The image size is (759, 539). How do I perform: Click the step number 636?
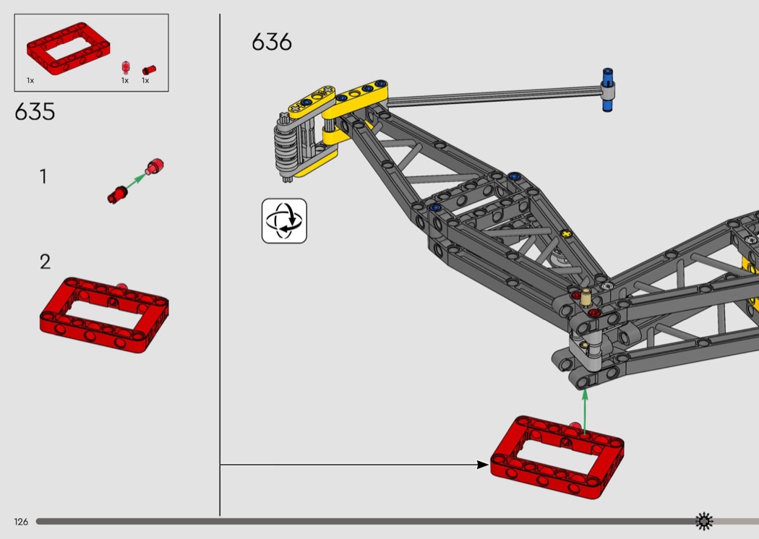(x=272, y=42)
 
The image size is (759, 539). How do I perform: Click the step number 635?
(x=35, y=112)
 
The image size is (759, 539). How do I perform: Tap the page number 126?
(x=20, y=522)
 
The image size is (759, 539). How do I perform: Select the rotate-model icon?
(x=284, y=221)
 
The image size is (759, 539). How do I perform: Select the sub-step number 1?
(x=43, y=176)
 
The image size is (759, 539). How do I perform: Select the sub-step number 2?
(x=45, y=262)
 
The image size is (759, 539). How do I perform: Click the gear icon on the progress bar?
(x=703, y=521)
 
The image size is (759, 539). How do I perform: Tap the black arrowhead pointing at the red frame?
(x=483, y=465)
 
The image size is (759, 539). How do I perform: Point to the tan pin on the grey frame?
(x=586, y=296)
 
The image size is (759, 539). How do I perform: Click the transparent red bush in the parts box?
(x=125, y=67)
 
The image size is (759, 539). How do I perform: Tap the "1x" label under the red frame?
(x=30, y=80)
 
